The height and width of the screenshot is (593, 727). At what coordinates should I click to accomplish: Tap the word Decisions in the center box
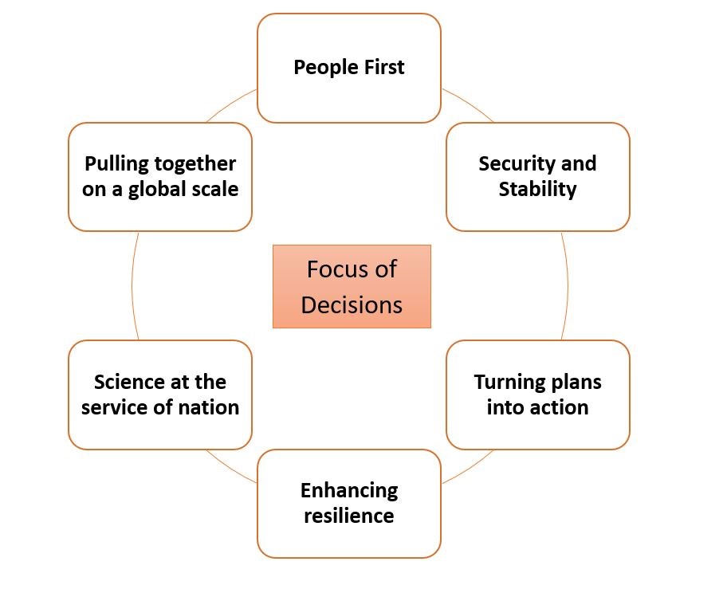pos(352,304)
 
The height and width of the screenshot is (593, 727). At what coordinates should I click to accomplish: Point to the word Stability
pos(537,190)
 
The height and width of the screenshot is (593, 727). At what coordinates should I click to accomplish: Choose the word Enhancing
pos(349,491)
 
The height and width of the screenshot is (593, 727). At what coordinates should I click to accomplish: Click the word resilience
pos(349,516)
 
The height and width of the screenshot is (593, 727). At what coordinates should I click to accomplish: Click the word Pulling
pos(116,164)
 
